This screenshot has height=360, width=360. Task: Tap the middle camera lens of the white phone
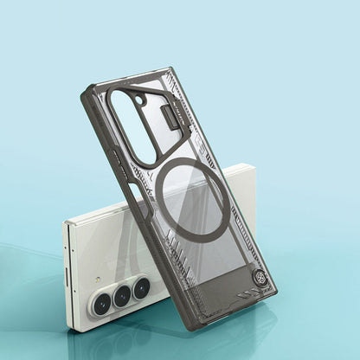coord(122,295)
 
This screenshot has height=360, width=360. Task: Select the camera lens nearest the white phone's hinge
coord(102,300)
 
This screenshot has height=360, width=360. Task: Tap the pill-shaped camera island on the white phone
coord(121,295)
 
